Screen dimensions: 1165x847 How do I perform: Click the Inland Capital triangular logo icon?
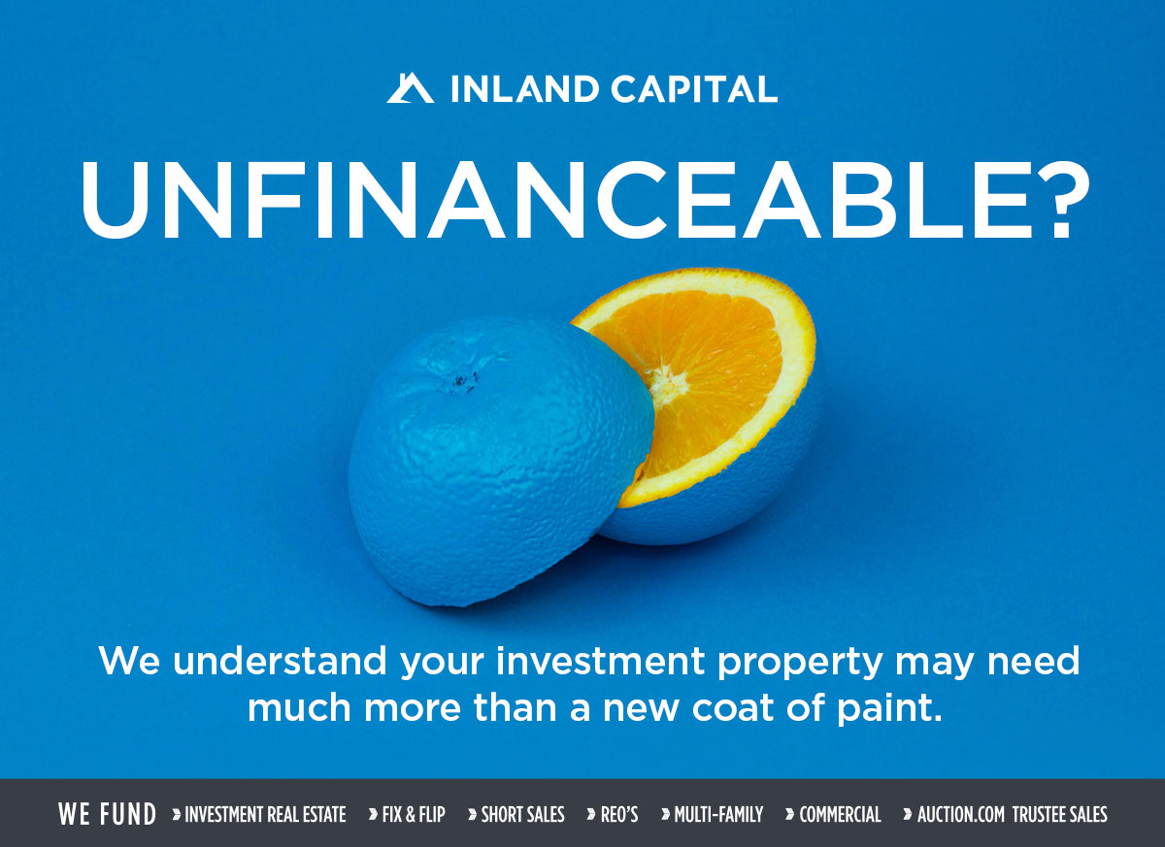tap(411, 88)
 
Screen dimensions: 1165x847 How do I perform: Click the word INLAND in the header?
tap(525, 88)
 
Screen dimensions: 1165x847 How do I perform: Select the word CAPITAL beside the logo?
tap(694, 88)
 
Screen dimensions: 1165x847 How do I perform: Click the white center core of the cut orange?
tap(666, 385)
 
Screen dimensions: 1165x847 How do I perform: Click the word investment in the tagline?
tap(601, 661)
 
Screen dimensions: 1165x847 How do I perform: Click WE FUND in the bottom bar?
tap(107, 814)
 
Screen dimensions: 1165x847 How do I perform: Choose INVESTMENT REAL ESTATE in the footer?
tap(265, 815)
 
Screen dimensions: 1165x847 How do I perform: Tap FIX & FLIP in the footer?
tap(414, 815)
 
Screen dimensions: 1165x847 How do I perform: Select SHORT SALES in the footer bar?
tap(522, 815)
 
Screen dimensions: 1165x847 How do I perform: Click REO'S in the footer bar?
tap(619, 815)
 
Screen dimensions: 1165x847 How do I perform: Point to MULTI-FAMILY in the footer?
tap(718, 815)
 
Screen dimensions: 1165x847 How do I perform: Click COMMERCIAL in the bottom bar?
tap(840, 815)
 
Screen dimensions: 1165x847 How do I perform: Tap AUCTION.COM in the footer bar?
tap(960, 815)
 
